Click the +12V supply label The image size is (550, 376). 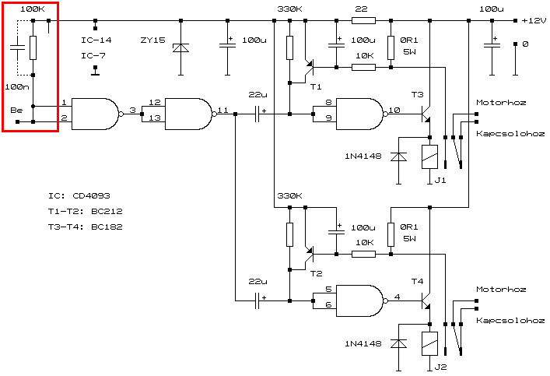533,20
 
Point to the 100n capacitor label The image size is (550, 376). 17,87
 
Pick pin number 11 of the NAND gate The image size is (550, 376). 223,111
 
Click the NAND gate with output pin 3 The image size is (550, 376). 94,114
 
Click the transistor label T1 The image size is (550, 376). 315,86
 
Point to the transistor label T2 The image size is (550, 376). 315,273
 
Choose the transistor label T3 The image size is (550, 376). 419,95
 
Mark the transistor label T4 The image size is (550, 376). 419,281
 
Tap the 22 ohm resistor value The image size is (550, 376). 360,9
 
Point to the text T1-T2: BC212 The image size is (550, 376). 85,211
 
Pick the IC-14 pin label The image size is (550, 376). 96,40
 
